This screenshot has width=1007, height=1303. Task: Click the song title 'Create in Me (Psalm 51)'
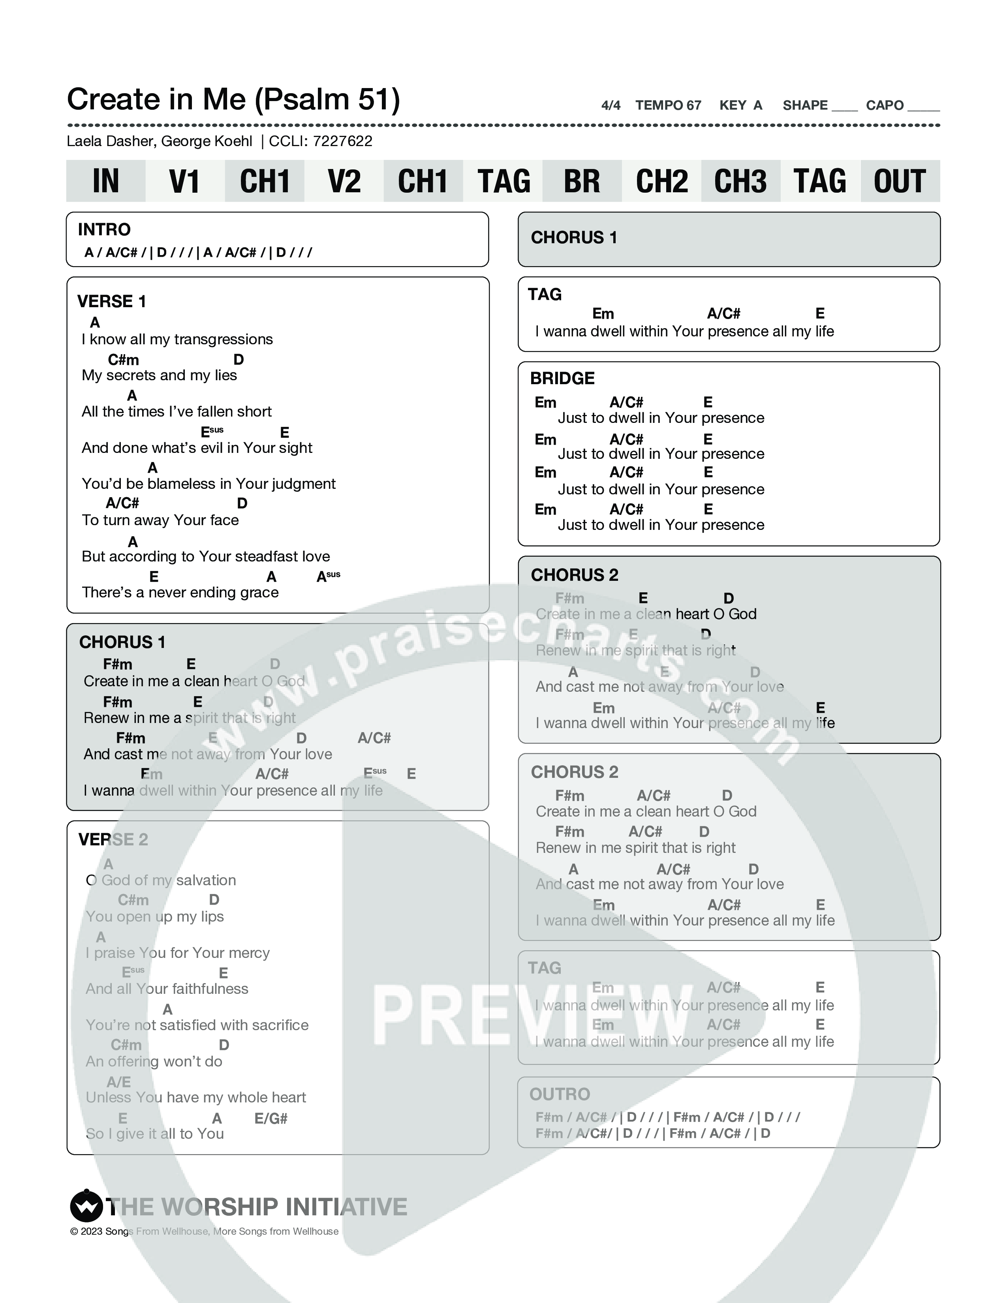point(233,100)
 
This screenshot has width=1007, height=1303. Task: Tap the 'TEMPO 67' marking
point(668,105)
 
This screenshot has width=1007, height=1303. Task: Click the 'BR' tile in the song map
point(582,181)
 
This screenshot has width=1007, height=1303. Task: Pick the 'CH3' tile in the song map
point(740,181)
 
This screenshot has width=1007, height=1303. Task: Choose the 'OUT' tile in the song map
point(900,181)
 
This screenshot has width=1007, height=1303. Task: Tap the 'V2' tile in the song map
point(344,181)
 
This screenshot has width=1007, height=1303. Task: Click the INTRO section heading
point(104,230)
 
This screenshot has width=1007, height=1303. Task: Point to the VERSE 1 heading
point(111,301)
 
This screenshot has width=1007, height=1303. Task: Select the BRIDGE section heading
point(562,378)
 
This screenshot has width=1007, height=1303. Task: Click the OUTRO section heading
point(560,1094)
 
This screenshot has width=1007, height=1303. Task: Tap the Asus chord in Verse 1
point(328,576)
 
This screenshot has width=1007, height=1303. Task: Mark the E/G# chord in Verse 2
point(271,1119)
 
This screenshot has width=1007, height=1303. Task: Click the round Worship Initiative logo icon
point(86,1206)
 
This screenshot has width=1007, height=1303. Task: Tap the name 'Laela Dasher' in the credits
point(111,141)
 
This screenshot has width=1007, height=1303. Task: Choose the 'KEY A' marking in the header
point(740,105)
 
